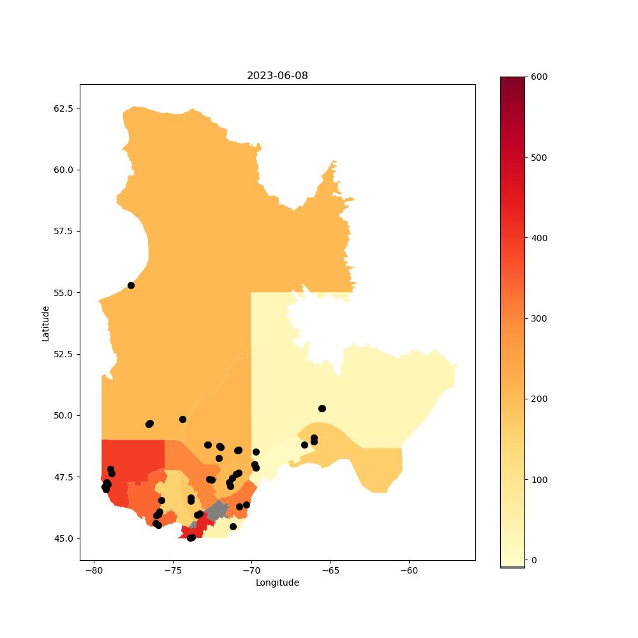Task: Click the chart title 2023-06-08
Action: coord(277,76)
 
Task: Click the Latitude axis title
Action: coord(45,323)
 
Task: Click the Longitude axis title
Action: coord(277,582)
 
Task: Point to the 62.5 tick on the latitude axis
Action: coord(63,108)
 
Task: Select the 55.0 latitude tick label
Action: coord(63,293)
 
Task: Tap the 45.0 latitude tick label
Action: coord(63,538)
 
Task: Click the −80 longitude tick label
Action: coord(94,570)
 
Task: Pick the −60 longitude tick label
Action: coord(409,570)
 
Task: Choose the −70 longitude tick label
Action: coord(251,570)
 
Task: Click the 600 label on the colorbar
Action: coord(539,77)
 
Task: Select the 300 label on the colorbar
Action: coord(539,318)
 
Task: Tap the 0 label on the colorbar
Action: coord(534,560)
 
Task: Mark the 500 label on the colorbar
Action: coord(539,158)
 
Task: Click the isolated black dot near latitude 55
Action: coord(131,286)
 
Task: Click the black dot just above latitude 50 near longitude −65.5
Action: coord(322,408)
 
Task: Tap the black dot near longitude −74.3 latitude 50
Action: coord(182,420)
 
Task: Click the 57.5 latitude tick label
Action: coord(63,231)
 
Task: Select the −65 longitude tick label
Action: coord(330,570)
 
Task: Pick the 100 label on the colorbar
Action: coord(539,480)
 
